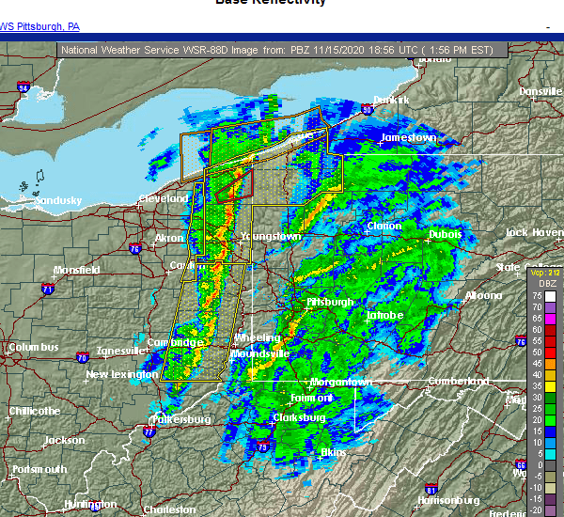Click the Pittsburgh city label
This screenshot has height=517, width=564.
[x=329, y=302]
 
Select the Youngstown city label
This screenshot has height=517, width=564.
[x=271, y=236]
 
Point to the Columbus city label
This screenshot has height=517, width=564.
[x=33, y=347]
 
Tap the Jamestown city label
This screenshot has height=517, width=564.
[x=408, y=137]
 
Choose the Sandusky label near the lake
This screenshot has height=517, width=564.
[x=58, y=200]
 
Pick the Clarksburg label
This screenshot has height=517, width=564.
[x=299, y=416]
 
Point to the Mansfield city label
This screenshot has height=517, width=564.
[x=77, y=270]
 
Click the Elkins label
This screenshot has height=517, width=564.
[x=333, y=452]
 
